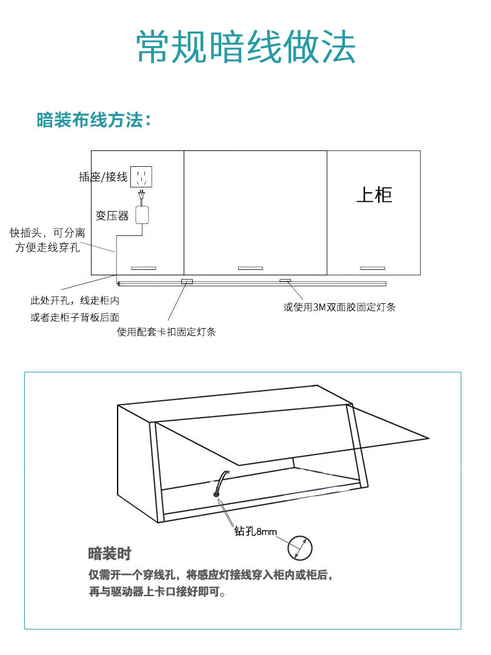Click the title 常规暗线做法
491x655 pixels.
pyautogui.click(x=245, y=47)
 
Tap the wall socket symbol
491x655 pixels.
pyautogui.click(x=142, y=177)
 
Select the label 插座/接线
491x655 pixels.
pyautogui.click(x=103, y=177)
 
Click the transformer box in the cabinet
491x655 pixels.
pyautogui.click(x=143, y=215)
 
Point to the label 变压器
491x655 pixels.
pyautogui.click(x=112, y=216)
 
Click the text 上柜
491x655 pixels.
pyautogui.click(x=374, y=195)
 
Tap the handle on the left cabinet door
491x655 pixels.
pyautogui.click(x=144, y=267)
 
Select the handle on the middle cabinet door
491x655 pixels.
pyautogui.click(x=250, y=267)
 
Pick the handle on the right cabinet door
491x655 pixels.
pyautogui.click(x=372, y=267)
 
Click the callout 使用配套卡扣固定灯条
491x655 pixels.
pyautogui.click(x=166, y=332)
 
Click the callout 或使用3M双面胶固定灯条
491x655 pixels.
pyautogui.click(x=339, y=307)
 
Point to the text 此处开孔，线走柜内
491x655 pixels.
pyautogui.click(x=75, y=300)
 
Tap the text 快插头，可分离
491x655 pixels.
pyautogui.click(x=47, y=233)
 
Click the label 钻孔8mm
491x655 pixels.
pyautogui.click(x=255, y=531)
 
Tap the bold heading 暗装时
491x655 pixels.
pyautogui.click(x=109, y=553)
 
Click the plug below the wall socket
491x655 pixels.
pyautogui.click(x=142, y=195)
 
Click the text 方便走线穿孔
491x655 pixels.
pyautogui.click(x=47, y=247)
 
